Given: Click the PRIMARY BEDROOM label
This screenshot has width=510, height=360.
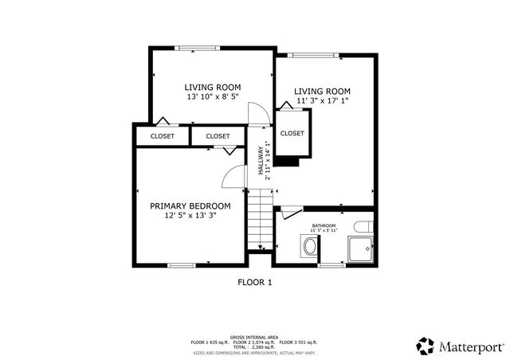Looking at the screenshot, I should point(190,205).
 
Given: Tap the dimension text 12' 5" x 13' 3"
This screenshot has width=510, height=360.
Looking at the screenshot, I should point(190,215).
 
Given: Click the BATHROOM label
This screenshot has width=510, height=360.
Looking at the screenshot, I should point(324,226).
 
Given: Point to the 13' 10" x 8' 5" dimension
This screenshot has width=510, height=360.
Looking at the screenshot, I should point(213,97).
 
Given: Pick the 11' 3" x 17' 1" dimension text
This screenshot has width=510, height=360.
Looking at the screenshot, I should point(322,101).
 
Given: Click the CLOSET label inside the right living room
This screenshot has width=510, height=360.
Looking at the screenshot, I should point(292,134).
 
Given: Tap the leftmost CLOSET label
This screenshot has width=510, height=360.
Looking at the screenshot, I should point(163,136).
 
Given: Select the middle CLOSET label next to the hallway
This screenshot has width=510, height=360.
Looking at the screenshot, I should point(218,136).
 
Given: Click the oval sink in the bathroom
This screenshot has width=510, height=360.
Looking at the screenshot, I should point(309,246).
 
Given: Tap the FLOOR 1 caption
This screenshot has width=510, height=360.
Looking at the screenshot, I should point(255,282).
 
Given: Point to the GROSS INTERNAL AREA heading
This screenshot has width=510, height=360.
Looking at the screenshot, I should point(254,337).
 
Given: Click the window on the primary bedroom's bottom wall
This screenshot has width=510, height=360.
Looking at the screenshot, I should point(182,265).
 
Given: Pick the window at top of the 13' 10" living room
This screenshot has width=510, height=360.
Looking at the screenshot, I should point(198,48).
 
